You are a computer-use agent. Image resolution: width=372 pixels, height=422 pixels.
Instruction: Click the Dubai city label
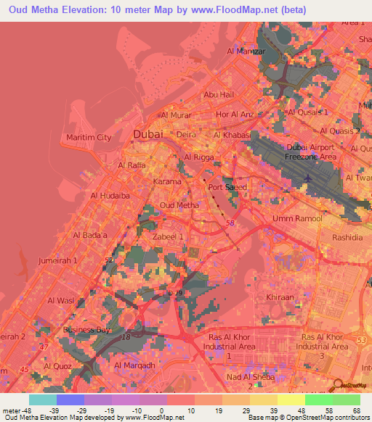(148, 134)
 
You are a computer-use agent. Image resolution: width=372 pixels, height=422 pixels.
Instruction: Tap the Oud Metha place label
(179, 206)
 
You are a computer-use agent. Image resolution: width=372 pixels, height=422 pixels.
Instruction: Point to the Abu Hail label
(218, 95)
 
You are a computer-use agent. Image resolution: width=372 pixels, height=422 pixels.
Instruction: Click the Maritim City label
(89, 137)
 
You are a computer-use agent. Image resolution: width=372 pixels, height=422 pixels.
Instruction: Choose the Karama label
(167, 182)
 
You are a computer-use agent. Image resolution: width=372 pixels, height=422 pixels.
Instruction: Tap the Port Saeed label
(227, 187)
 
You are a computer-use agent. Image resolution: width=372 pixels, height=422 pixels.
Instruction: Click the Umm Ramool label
(292, 218)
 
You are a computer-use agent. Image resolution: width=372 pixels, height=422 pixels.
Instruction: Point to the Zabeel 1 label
(167, 236)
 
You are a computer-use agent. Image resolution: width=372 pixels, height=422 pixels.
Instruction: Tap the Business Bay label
(86, 330)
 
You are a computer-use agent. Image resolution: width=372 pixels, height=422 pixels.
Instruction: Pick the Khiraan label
(280, 297)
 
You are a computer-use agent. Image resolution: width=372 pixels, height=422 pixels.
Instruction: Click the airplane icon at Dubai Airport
(309, 177)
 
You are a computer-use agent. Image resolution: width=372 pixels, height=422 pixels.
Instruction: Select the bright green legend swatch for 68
(347, 400)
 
